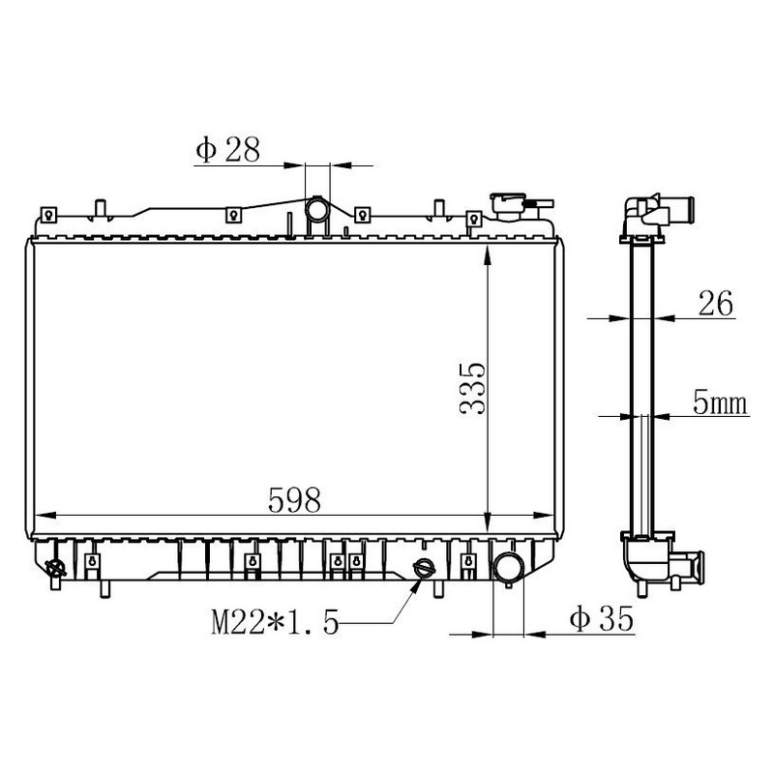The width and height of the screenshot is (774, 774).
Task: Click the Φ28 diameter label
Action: [x=227, y=150]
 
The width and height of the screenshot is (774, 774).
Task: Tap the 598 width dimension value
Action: [x=294, y=500]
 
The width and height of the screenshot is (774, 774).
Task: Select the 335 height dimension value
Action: [x=472, y=389]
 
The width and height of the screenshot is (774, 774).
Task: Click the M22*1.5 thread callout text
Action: [x=275, y=622]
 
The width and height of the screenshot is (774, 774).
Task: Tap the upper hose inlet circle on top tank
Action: [x=316, y=209]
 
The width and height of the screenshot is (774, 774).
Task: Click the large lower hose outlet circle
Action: [x=509, y=568]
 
